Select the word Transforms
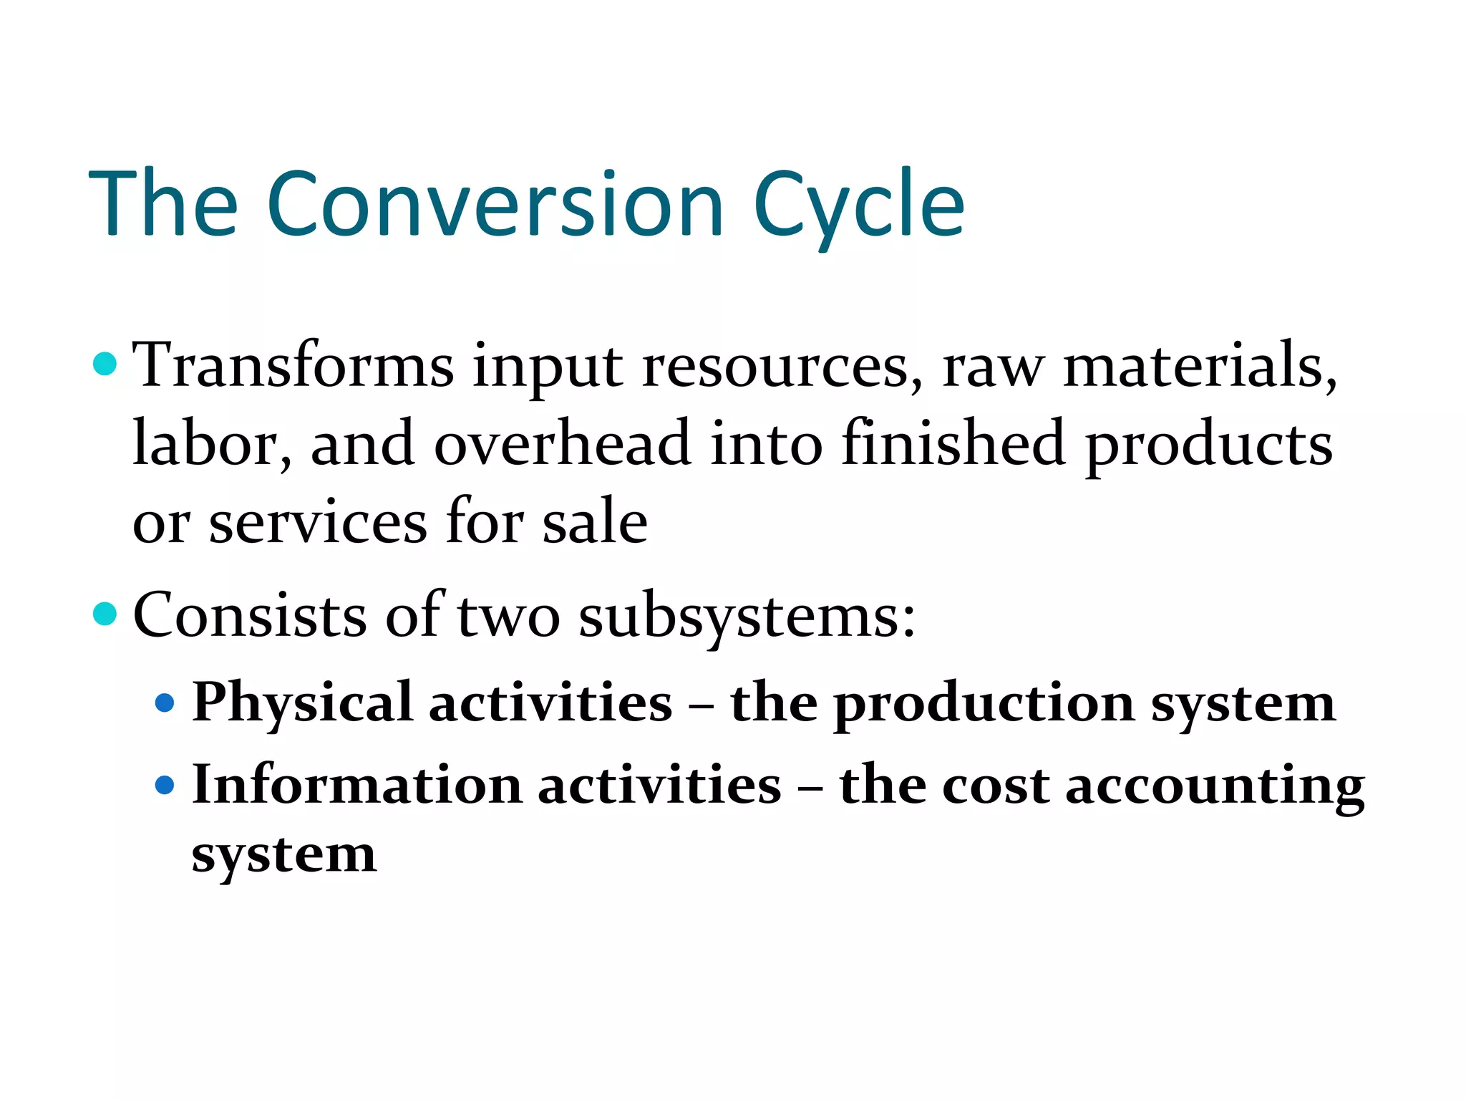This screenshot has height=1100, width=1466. (x=293, y=367)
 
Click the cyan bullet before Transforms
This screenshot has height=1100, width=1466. (x=105, y=364)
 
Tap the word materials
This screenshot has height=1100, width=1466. (x=1200, y=367)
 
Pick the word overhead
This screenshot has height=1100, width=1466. (x=563, y=444)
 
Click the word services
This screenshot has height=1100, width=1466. (x=319, y=523)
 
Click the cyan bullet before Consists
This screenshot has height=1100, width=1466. (x=105, y=614)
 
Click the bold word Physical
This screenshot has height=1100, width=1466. (x=302, y=703)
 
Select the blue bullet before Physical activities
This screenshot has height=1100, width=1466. (x=165, y=703)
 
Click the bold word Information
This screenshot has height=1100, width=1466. (x=357, y=786)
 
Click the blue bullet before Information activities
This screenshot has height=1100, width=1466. (x=165, y=786)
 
